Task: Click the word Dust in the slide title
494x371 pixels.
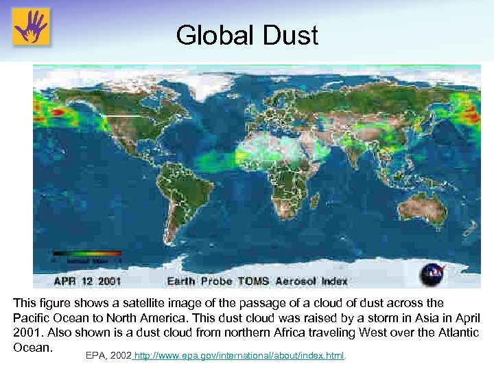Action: pos(291,35)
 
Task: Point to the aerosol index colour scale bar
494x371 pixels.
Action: pos(87,254)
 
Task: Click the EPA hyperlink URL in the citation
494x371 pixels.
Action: pos(239,356)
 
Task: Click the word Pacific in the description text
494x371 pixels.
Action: pos(32,318)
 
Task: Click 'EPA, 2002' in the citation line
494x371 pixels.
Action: pos(108,356)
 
